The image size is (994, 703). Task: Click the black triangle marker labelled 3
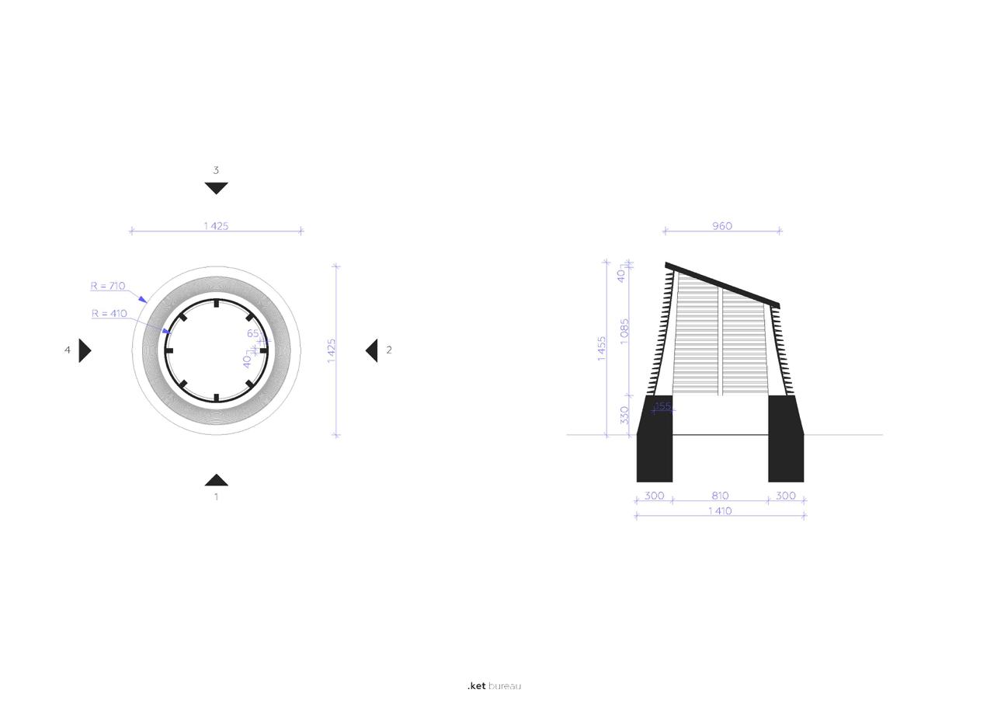click(x=216, y=187)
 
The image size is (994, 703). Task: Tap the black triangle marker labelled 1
click(x=216, y=481)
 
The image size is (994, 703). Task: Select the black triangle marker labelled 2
click(x=373, y=350)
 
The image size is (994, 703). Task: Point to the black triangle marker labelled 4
click(x=84, y=350)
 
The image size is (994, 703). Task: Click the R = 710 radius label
click(x=108, y=286)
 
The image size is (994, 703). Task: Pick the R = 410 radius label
click(x=109, y=313)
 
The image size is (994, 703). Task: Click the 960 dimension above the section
click(x=722, y=226)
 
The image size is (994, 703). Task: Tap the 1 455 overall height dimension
click(x=601, y=349)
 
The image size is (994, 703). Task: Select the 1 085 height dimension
click(x=624, y=331)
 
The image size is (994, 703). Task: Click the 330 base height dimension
click(x=624, y=415)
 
